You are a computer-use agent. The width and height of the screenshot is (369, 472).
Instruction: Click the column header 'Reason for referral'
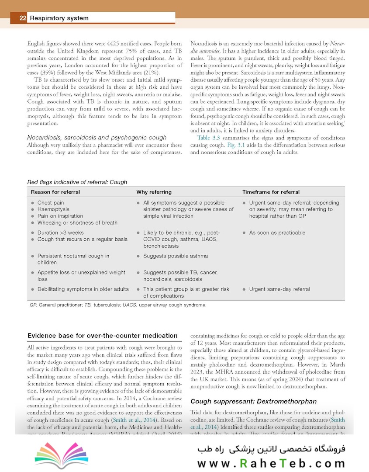(55, 192)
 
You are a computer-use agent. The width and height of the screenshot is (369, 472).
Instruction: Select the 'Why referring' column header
(154, 192)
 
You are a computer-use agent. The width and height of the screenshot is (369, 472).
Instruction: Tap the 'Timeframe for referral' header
(271, 192)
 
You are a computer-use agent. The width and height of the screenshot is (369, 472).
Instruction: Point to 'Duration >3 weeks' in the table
(60, 233)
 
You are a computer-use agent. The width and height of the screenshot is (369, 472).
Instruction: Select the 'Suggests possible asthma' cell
(176, 256)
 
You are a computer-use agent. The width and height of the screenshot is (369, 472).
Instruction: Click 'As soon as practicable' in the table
(277, 233)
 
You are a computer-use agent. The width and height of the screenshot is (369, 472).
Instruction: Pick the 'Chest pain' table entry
(51, 203)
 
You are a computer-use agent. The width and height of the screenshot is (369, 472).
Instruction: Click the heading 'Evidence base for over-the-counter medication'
(102, 336)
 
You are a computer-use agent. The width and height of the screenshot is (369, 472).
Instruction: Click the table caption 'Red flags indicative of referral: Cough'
(77, 182)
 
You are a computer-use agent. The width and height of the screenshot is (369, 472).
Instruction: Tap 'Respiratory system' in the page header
(59, 18)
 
